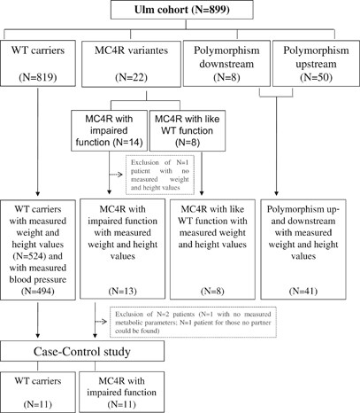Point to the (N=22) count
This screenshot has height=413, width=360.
tap(125, 86)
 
